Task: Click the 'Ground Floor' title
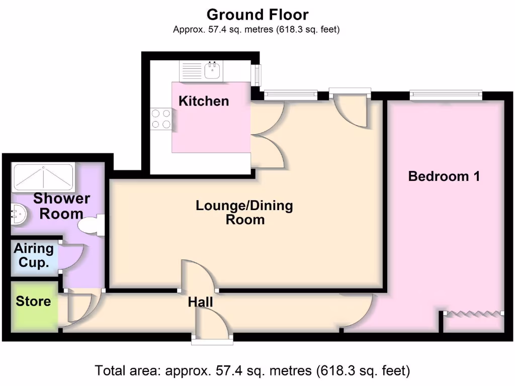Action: pyautogui.click(x=257, y=15)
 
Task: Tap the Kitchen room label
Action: pyautogui.click(x=204, y=101)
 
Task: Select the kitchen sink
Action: pyautogui.click(x=212, y=71)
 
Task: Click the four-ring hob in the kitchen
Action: pyautogui.click(x=161, y=119)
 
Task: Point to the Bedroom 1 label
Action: pyautogui.click(x=444, y=176)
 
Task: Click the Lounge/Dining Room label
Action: pyautogui.click(x=244, y=213)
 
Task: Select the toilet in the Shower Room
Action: pyautogui.click(x=93, y=225)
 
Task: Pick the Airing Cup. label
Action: pyautogui.click(x=34, y=255)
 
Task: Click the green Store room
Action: pyautogui.click(x=33, y=307)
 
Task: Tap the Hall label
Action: pyautogui.click(x=200, y=302)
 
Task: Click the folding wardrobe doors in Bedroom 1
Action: pyautogui.click(x=473, y=313)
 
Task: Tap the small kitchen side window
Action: pyautogui.click(x=257, y=75)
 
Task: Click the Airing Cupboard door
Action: pyautogui.click(x=72, y=257)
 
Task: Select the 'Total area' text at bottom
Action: pyautogui.click(x=252, y=371)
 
